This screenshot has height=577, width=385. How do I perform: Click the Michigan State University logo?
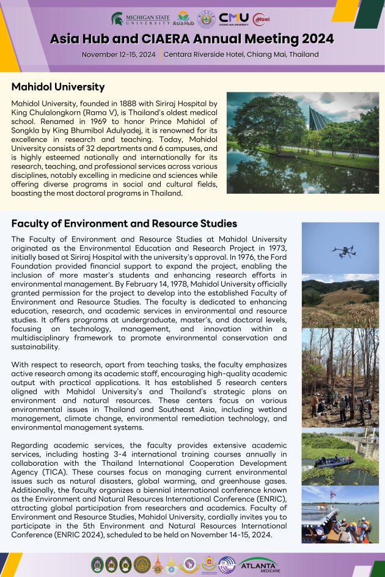coord(140,19)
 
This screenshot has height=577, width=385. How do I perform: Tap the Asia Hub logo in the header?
coord(183,19)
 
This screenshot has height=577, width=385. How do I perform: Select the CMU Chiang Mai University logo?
coord(233,19)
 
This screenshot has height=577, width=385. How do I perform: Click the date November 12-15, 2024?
coord(119,54)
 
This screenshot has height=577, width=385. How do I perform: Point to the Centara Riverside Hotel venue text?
coord(241,54)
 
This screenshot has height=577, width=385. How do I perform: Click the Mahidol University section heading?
coord(58,87)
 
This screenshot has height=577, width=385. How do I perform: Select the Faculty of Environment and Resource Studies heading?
coord(124,224)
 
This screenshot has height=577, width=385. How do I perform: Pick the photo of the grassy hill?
coord(340,300)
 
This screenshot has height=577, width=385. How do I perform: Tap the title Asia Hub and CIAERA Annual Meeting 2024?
coord(192,39)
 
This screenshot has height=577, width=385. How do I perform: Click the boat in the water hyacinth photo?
coord(334,461)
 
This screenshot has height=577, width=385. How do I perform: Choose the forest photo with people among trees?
coord(340,378)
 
